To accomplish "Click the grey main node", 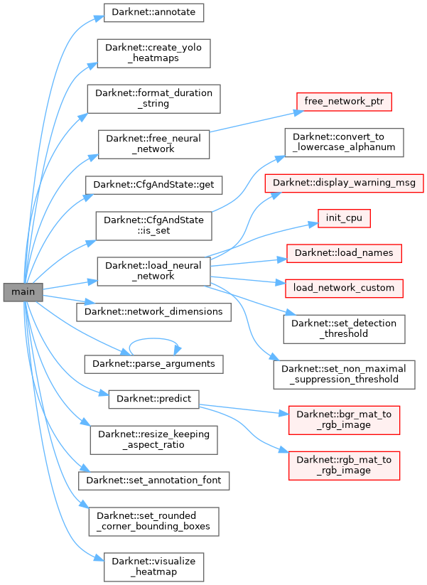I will click(23, 291).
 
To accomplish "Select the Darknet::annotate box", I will click(154, 13).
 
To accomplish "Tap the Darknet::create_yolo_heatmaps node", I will click(154, 53).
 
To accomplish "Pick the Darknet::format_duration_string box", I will click(154, 97).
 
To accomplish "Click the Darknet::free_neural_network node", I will click(154, 143).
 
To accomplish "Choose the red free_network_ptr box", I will click(344, 101).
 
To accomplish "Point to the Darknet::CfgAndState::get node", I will click(154, 185).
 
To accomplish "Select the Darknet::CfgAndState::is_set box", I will click(154, 225).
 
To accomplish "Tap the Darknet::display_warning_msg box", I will click(344, 183).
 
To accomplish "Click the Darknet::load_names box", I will click(344, 252).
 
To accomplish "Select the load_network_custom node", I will click(344, 288).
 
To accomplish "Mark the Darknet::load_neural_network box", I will click(154, 270).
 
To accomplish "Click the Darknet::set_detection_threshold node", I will click(344, 327).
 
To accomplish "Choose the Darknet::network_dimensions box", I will click(154, 311).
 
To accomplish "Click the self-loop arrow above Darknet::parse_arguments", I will click(154, 339).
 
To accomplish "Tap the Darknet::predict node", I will click(154, 399).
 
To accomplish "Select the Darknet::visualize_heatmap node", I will click(154, 566).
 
